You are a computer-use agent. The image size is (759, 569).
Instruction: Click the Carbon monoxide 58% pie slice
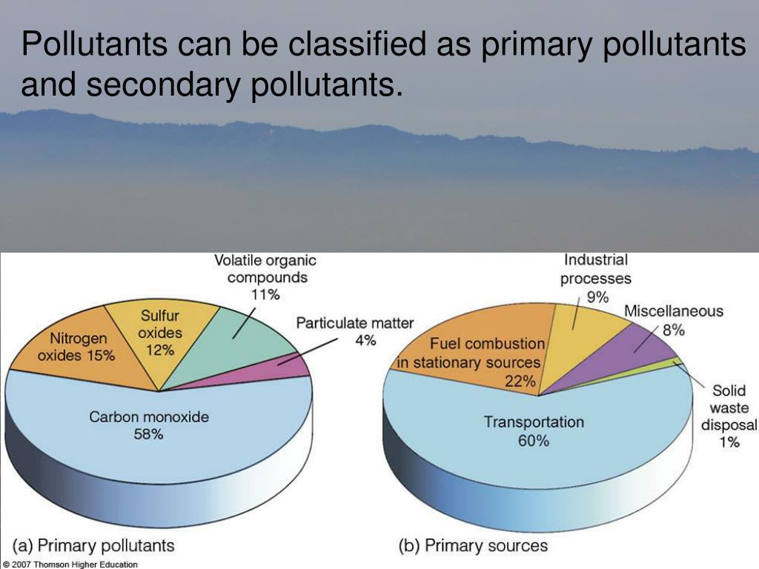(155, 436)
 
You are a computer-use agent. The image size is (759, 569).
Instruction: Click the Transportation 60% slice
(535, 436)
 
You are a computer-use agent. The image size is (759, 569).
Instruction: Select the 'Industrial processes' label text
(596, 269)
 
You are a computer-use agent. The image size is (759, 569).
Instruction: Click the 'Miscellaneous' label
(674, 310)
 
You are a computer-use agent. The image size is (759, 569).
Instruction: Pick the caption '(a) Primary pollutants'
(93, 545)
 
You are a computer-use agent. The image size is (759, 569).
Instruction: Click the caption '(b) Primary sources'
(473, 545)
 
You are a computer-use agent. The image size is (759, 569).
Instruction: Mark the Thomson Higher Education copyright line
(70, 564)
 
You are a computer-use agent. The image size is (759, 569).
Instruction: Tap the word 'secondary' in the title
(163, 85)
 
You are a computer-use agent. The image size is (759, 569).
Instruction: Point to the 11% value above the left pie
(265, 294)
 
